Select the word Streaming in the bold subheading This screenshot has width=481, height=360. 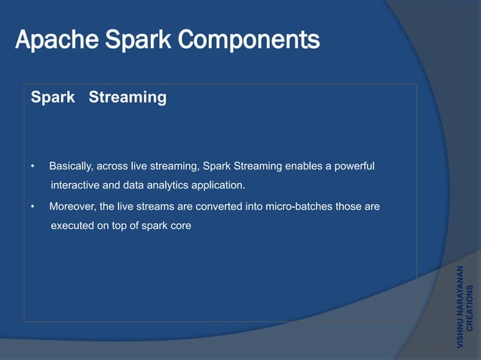click(x=127, y=98)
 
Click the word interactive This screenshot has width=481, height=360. click(x=76, y=185)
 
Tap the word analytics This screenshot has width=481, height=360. click(x=176, y=185)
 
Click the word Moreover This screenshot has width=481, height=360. click(x=72, y=206)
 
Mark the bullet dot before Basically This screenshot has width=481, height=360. click(x=32, y=166)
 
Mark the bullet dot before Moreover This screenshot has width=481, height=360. click(x=32, y=206)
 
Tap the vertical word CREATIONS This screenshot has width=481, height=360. click(x=470, y=309)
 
